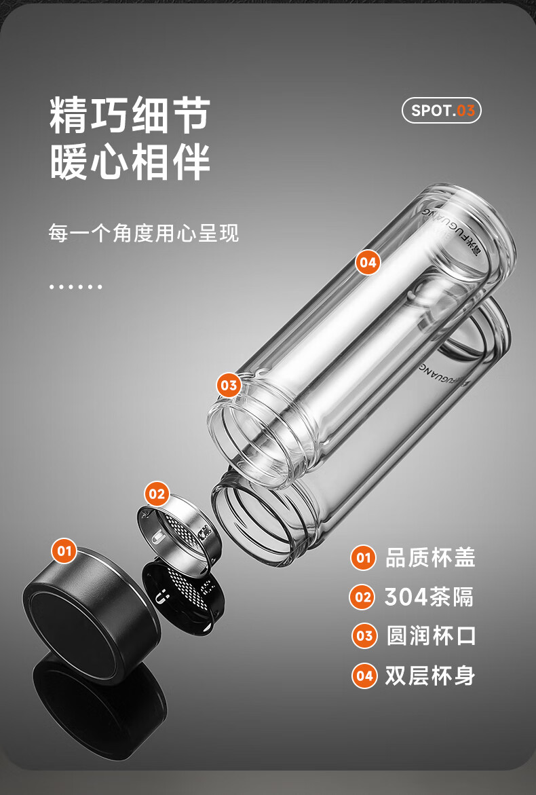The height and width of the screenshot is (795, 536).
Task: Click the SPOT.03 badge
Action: (441, 111)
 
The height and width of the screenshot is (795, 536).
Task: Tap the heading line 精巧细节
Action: (129, 115)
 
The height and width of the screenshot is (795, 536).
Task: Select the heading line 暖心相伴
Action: (129, 162)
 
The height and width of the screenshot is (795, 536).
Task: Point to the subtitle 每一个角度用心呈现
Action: (143, 234)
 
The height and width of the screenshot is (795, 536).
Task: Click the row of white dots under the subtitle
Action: (75, 286)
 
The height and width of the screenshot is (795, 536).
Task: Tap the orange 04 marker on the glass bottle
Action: (368, 262)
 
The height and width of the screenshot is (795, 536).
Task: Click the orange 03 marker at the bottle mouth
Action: (229, 386)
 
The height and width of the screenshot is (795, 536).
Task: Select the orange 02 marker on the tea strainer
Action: (157, 494)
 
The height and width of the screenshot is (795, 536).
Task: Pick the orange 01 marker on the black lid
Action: (64, 550)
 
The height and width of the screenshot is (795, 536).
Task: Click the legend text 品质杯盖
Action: (430, 557)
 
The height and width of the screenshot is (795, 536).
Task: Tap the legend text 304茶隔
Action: (429, 597)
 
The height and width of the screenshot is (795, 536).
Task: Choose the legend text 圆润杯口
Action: (431, 636)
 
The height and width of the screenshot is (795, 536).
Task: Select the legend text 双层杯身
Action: (430, 676)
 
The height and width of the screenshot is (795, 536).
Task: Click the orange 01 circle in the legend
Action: (364, 558)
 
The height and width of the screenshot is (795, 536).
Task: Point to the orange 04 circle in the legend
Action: (364, 676)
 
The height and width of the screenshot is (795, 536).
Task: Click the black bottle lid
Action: (85, 611)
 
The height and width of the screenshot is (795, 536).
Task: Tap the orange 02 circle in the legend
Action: (364, 597)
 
